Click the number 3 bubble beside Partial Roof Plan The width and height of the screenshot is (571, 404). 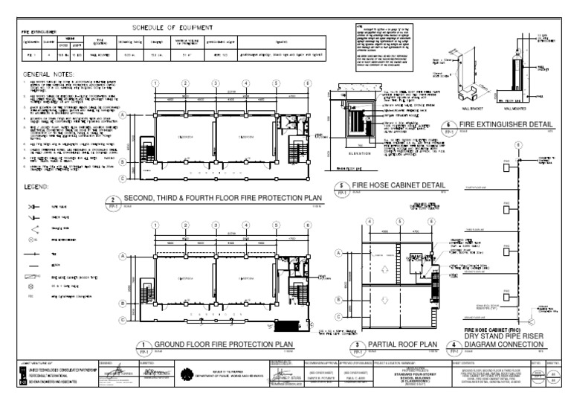pyautogui.click(x=358, y=344)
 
